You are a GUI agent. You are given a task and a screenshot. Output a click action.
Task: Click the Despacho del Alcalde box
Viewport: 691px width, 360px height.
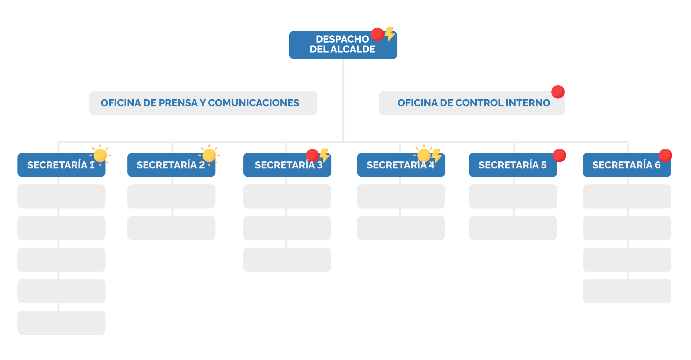[x=343, y=45]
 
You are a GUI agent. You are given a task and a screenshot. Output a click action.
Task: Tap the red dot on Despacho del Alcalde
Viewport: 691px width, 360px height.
[x=377, y=34]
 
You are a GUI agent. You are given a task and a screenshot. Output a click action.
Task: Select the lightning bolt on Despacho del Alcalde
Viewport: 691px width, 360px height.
[x=390, y=34]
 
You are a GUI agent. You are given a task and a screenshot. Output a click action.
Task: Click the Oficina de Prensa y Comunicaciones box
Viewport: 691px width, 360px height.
[x=203, y=103]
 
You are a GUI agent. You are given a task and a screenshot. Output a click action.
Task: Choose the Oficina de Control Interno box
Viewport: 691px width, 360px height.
[x=472, y=103]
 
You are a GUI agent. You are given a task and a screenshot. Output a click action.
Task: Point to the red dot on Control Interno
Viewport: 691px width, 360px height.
[x=558, y=92]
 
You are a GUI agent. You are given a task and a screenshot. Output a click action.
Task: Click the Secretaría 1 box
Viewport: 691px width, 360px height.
[x=61, y=165]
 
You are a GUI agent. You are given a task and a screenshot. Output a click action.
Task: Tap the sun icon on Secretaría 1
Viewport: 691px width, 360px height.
[x=100, y=155]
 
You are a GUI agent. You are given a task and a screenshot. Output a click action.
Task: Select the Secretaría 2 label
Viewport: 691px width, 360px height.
[x=171, y=165]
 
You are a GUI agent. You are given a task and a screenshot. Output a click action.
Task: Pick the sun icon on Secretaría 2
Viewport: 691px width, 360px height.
[x=209, y=155]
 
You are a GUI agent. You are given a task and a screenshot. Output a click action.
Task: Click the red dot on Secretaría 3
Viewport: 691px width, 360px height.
[x=312, y=156]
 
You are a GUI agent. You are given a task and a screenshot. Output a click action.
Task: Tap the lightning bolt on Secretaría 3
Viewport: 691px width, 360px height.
[x=325, y=156]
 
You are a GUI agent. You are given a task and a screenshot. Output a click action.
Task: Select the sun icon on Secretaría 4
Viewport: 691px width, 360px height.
[x=424, y=155]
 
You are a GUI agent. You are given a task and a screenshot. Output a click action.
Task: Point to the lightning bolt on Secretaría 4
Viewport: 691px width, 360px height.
[x=436, y=156]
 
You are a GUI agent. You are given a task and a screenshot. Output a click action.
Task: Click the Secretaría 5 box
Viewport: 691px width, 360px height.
[x=513, y=165]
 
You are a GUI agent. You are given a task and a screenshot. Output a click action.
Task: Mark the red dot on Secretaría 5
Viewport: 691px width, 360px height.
[x=559, y=155]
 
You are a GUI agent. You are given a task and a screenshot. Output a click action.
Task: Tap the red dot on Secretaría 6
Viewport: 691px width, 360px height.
[x=665, y=155]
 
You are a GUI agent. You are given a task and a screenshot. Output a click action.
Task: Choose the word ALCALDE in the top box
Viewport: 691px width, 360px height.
[x=353, y=49]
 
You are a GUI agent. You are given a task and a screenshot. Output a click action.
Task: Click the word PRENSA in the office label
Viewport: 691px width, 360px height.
[x=178, y=103]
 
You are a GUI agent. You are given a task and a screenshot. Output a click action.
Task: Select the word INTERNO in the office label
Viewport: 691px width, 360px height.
[x=528, y=103]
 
